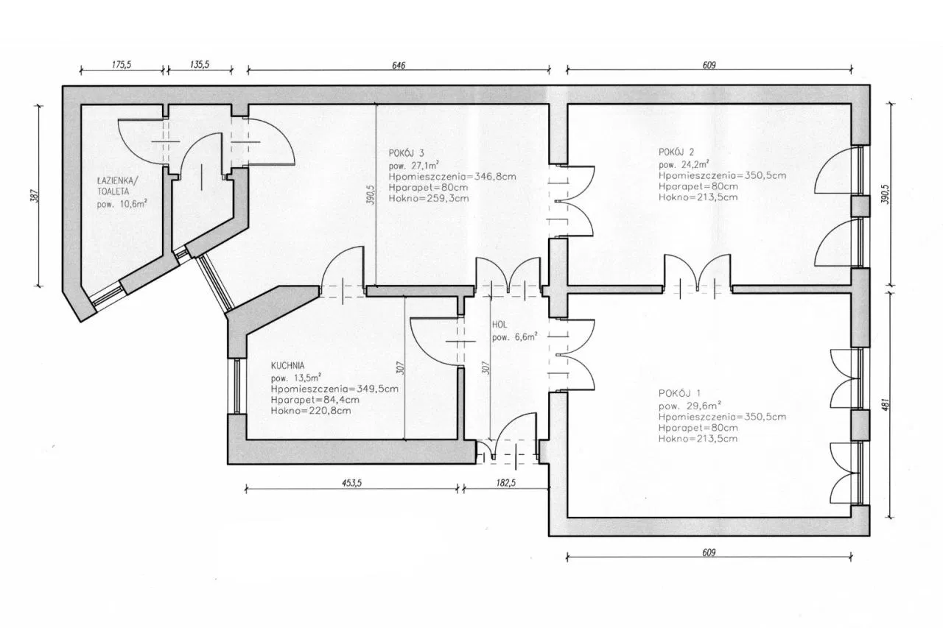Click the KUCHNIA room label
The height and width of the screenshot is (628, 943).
coord(287,365)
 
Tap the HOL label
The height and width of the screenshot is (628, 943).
coord(499,325)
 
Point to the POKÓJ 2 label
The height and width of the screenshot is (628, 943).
coord(676,152)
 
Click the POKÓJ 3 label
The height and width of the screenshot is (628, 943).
coord(406,153)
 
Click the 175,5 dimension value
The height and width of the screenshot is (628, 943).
coord(122,65)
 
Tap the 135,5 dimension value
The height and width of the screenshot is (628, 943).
coord(200,65)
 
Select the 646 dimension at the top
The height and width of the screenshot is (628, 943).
coord(399,66)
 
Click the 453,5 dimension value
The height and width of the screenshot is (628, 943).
coord(351,483)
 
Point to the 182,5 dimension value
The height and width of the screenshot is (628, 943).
coord(505,483)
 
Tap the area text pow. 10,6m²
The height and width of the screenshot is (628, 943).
coord(122,205)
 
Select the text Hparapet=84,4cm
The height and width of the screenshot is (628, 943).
coord(315,400)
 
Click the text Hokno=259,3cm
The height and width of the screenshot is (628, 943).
coord(429,198)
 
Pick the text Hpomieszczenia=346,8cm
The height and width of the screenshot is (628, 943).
coord(452,176)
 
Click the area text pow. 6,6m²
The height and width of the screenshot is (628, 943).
coord(514,337)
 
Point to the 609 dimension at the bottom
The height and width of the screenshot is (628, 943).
coord(709,552)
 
